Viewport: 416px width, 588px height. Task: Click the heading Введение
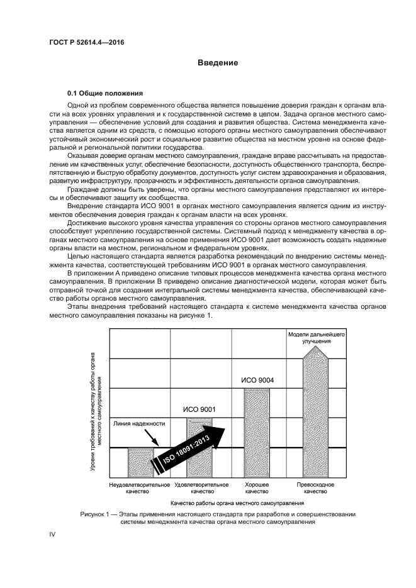point(217,63)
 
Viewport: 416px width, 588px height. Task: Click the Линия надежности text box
point(139,424)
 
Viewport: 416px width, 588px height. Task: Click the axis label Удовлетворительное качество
point(201,489)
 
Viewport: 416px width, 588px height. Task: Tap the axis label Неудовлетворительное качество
point(140,489)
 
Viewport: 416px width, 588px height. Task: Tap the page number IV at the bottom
point(53,534)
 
